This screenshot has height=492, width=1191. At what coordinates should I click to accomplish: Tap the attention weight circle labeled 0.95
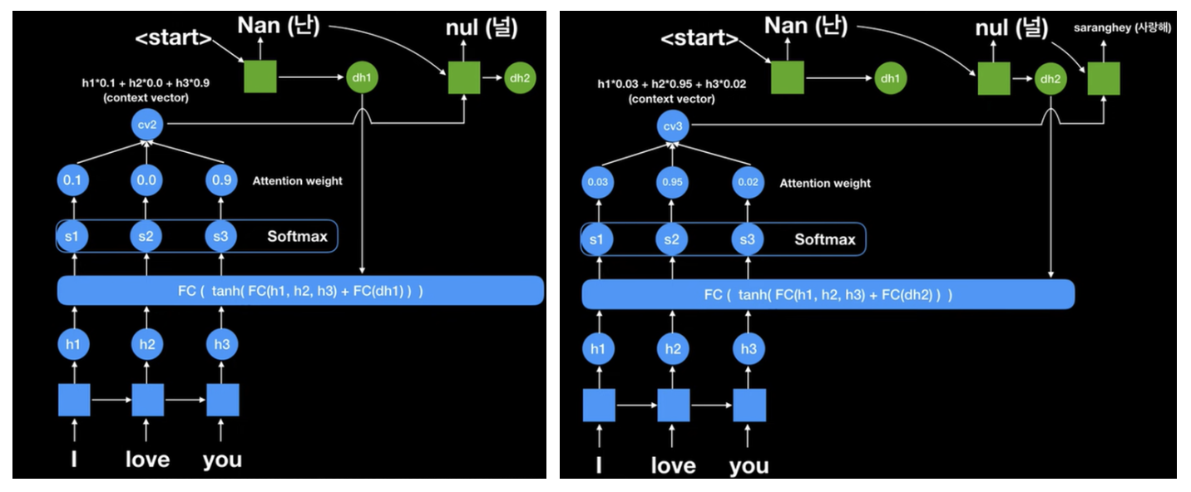673,183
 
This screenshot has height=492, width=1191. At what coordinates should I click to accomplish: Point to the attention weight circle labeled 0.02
748,183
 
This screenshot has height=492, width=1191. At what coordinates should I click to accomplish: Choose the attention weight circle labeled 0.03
598,183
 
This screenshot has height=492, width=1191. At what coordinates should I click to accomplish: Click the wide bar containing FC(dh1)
300,290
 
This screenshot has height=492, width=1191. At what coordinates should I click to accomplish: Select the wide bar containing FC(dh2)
828,294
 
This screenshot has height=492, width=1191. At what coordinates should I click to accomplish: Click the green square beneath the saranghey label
1102,79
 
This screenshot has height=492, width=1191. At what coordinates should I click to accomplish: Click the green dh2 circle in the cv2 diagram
519,78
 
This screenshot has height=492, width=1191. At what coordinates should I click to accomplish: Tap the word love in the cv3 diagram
673,465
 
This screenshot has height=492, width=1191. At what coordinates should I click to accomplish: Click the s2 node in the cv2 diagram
147,237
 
